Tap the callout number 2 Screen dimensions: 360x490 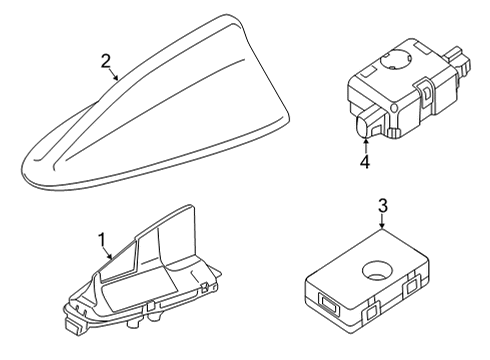coord(104,63)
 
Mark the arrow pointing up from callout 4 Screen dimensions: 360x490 coord(365,142)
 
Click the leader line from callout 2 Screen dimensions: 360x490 coord(114,74)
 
